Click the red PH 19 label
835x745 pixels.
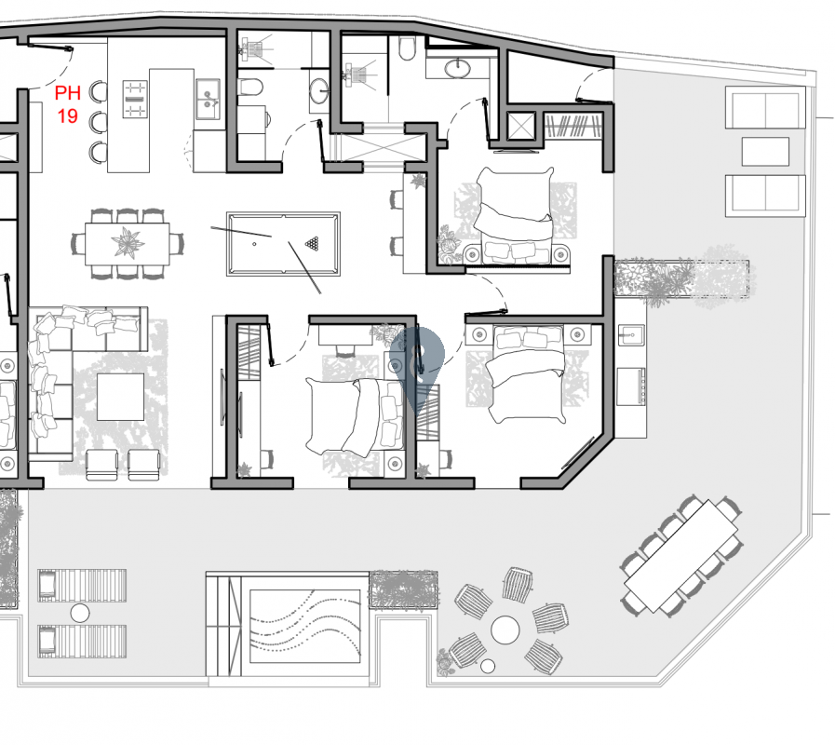point(66,104)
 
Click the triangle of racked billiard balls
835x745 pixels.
point(313,244)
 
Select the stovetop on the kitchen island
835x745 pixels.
point(136,99)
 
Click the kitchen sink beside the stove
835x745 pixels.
point(207,97)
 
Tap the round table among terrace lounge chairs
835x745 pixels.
point(505,629)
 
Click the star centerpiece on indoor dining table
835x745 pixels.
point(128,243)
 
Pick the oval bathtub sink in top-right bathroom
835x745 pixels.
point(458,68)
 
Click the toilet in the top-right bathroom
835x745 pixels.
point(408,50)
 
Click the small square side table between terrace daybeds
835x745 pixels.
point(765,151)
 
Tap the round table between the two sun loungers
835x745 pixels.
point(80,613)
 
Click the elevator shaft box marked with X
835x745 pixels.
point(520,127)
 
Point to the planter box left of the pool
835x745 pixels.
point(403,589)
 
